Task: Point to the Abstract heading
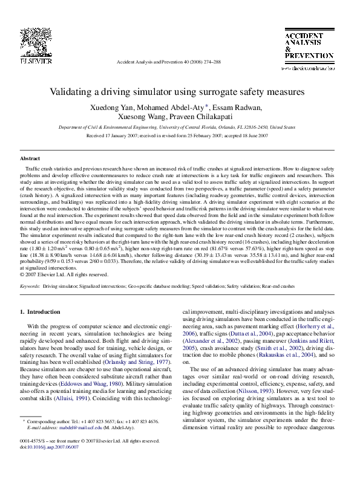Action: pyautogui.click(x=30, y=158)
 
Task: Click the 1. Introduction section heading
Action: pyautogui.click(x=41, y=311)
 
